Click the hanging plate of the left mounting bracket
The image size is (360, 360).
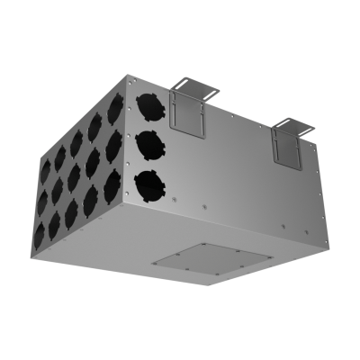coord(189,116)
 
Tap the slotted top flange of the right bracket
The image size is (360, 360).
coord(294,120)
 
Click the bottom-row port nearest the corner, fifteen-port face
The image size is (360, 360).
coord(112,185)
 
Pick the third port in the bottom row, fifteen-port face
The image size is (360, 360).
coord(73,207)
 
